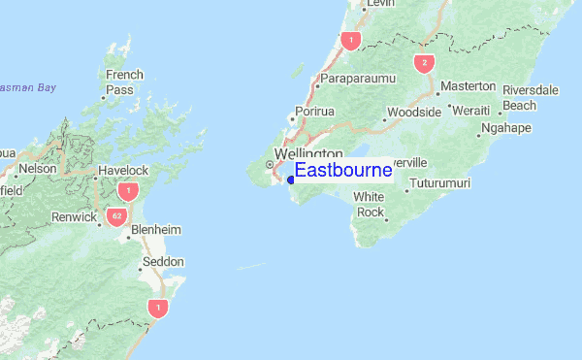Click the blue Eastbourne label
tap(342, 171)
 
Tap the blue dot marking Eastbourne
tap(291, 179)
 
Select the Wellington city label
tap(308, 154)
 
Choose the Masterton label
tap(468, 87)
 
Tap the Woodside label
tap(414, 113)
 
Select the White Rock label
tap(370, 205)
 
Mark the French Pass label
tap(125, 82)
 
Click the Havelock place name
tap(122, 171)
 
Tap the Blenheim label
tap(156, 230)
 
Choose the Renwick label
tap(74, 217)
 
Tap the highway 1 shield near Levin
tap(350, 40)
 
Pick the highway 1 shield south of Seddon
tap(157, 308)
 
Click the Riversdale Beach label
tap(531, 98)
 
